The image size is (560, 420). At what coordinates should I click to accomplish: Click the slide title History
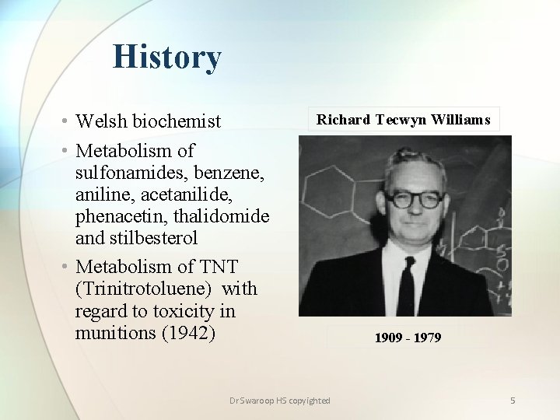166,57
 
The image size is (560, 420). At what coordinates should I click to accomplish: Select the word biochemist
177,122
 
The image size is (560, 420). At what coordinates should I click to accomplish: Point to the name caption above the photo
403,120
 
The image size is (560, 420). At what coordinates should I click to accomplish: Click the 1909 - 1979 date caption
408,338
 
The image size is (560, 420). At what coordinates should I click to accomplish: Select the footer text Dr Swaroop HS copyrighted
280,401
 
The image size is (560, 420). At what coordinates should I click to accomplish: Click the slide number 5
513,401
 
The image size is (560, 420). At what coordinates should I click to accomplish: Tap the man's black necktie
405,285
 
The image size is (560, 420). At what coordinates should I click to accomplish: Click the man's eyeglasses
414,199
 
